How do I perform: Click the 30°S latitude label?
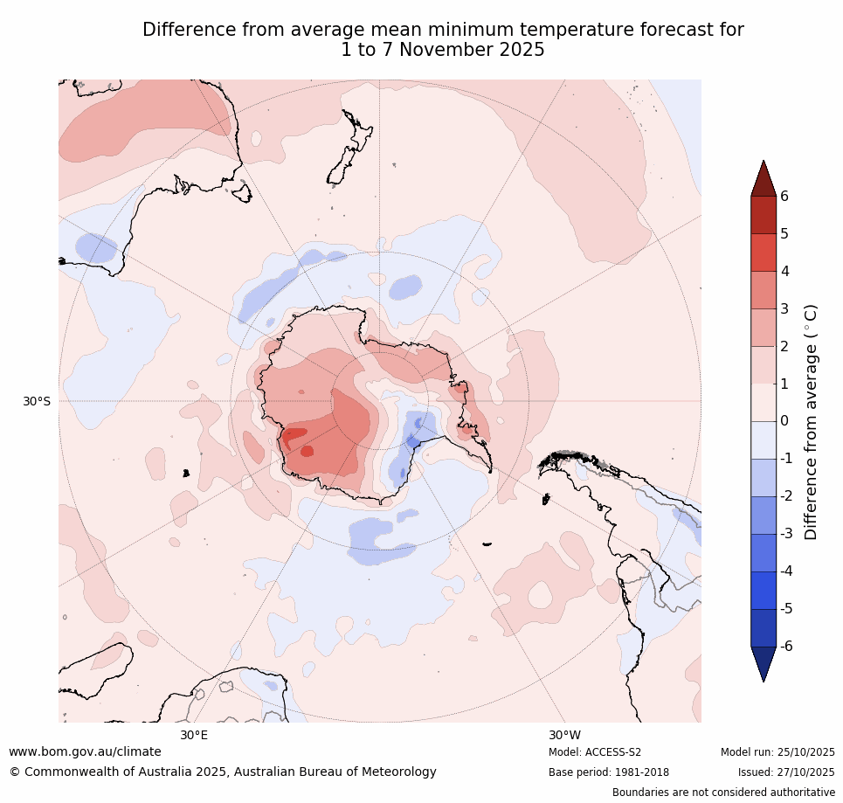click(37, 401)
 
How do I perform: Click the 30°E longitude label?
click(194, 735)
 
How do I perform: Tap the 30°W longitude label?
click(564, 735)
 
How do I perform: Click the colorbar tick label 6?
click(784, 196)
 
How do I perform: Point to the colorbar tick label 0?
click(784, 421)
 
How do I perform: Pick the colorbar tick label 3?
click(784, 308)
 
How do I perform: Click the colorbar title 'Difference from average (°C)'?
click(811, 421)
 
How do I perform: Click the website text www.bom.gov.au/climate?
click(85, 751)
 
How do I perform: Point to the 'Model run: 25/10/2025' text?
click(777, 752)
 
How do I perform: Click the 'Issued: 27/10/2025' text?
click(786, 772)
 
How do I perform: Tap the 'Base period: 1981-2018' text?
click(597, 772)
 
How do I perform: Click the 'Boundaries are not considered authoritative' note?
click(723, 793)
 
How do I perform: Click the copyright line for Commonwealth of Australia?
click(223, 772)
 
